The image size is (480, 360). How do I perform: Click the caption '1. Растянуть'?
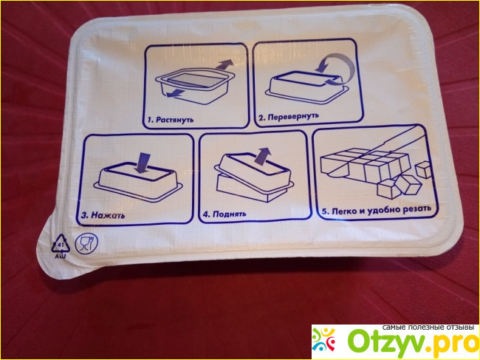171,119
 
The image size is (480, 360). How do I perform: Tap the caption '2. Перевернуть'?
289,116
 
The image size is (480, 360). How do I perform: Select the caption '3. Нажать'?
103,215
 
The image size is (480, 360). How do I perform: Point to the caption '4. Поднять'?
224,214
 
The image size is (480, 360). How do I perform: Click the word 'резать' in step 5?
417,208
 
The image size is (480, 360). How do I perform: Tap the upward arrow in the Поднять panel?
262,156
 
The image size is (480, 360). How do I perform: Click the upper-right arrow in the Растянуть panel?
224,64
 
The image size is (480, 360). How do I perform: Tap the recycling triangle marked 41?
61,244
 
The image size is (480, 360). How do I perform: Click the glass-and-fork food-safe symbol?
86,243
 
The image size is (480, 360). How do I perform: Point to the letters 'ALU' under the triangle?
61,256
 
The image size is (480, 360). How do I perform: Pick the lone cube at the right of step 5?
423,170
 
